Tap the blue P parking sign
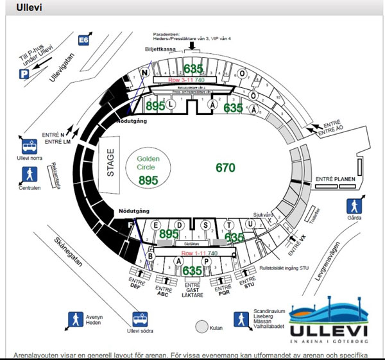tap(24, 74)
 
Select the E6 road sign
tap(83, 40)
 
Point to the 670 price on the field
tap(225, 168)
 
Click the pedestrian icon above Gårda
tap(354, 206)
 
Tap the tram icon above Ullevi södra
tap(139, 319)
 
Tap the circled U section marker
tap(250, 223)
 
